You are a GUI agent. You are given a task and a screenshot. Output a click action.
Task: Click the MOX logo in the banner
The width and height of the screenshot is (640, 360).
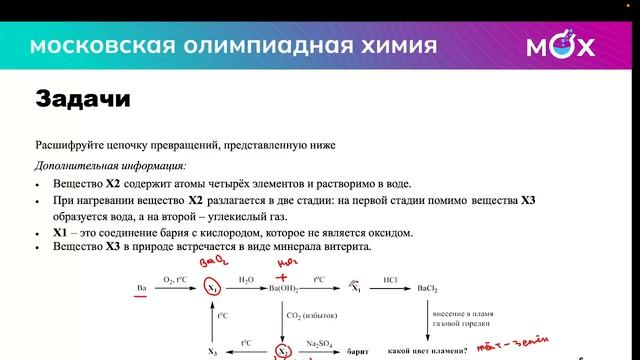click(561, 46)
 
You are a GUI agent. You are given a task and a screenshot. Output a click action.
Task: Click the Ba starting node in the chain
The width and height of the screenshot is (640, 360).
click(141, 289)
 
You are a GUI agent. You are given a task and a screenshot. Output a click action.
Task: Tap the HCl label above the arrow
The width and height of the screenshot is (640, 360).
click(391, 280)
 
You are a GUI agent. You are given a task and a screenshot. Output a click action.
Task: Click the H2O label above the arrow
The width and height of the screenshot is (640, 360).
click(246, 280)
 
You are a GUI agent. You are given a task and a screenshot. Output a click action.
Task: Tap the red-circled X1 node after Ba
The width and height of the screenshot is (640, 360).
click(212, 289)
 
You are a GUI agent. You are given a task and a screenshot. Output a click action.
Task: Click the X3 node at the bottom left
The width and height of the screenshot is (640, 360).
click(212, 352)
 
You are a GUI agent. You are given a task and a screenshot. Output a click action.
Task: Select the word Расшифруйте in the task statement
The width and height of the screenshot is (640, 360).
click(67, 145)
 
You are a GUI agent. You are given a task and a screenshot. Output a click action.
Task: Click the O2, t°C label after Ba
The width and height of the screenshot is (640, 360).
click(176, 280)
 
